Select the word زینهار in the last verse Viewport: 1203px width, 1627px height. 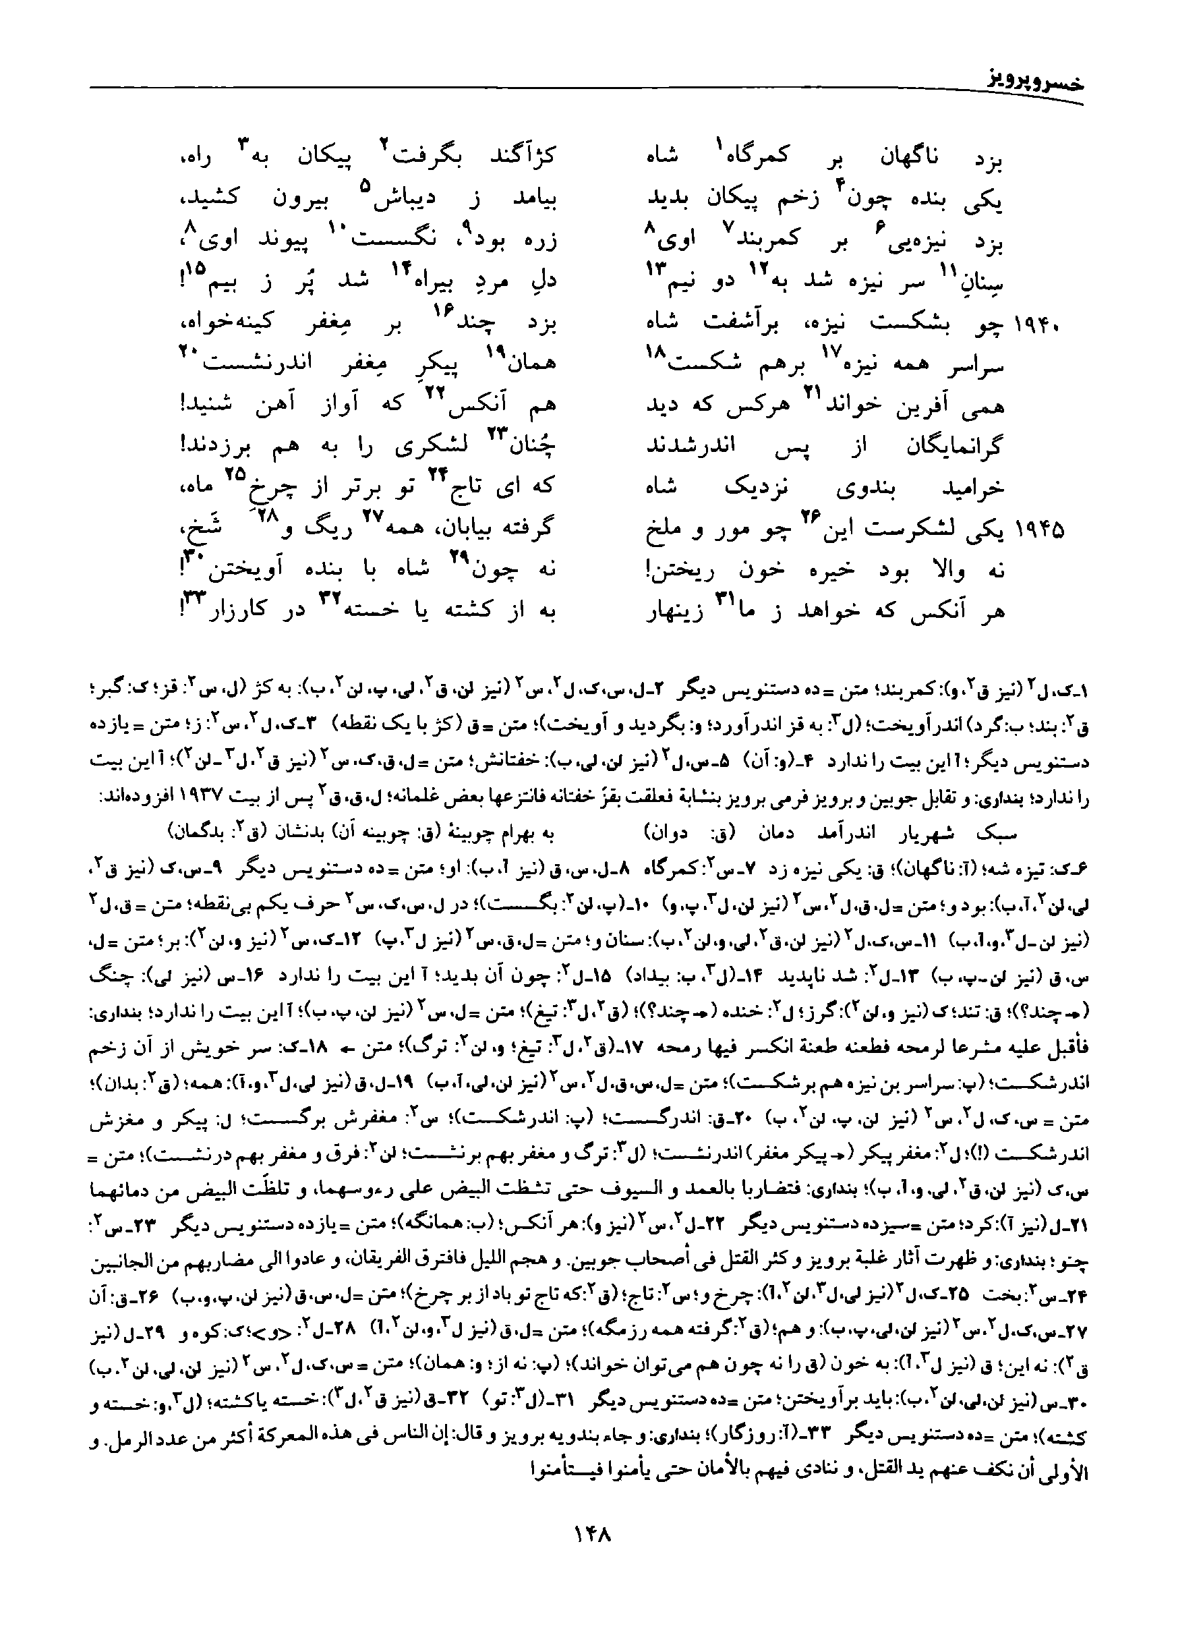pyautogui.click(x=676, y=610)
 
